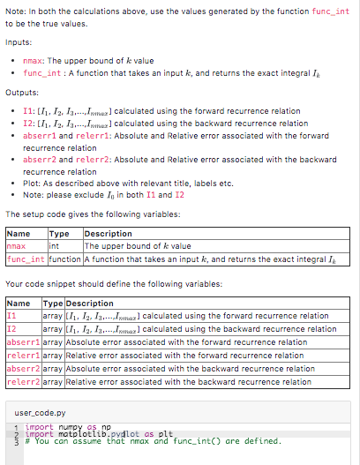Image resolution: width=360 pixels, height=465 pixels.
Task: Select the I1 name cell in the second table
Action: pyautogui.click(x=11, y=315)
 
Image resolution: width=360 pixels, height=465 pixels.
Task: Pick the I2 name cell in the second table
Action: pyautogui.click(x=11, y=328)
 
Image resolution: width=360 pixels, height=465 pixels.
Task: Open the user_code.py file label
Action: pyautogui.click(x=41, y=412)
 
